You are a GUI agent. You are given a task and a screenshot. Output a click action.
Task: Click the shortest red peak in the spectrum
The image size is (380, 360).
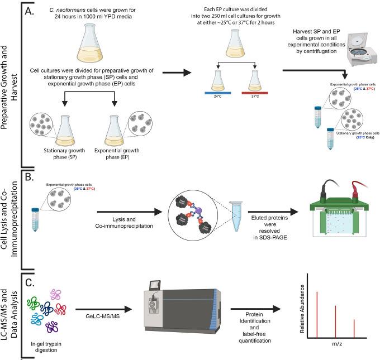click(354, 328)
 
